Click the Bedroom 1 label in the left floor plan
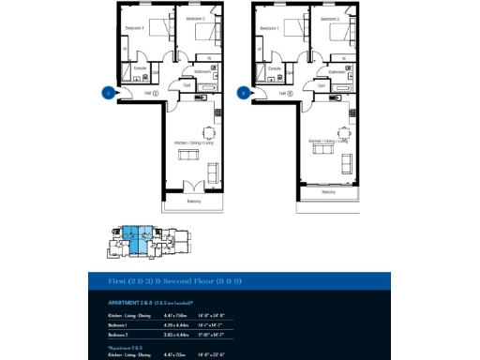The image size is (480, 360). click(x=134, y=28)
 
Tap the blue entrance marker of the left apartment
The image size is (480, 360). click(x=107, y=93)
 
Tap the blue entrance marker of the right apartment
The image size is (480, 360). click(x=243, y=93)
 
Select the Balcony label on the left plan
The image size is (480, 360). click(x=193, y=202)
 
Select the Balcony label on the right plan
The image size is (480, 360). click(x=329, y=192)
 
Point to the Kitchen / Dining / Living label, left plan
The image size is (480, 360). click(x=192, y=142)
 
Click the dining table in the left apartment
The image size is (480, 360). click(x=210, y=131)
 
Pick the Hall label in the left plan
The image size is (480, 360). click(x=147, y=93)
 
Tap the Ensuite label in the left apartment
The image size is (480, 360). click(x=139, y=68)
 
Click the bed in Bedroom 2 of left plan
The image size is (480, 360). click(x=205, y=34)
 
